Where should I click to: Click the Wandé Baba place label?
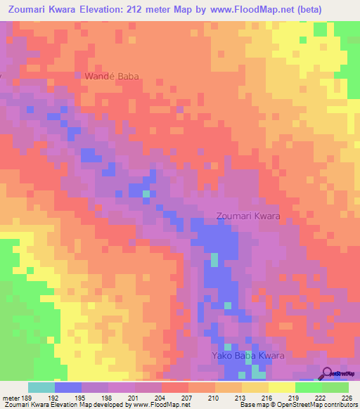coord(112,76)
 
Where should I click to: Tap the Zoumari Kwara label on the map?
coord(248,216)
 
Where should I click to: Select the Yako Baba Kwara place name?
coord(248,356)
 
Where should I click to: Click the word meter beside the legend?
coord(10,397)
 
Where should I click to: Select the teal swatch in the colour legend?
coord(41,387)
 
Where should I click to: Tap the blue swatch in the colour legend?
coord(68,387)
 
